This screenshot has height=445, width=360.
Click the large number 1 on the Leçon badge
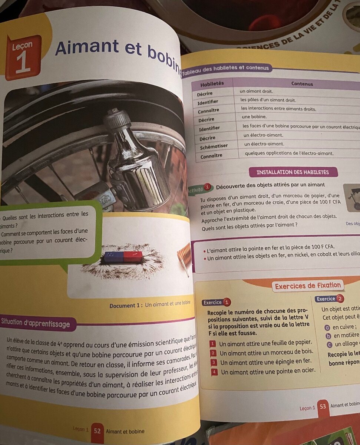(23, 63)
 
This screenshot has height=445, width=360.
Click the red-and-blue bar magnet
(123, 257)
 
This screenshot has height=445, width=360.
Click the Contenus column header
(302, 84)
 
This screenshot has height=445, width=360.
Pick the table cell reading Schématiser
(214, 147)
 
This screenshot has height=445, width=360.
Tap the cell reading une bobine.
(254, 117)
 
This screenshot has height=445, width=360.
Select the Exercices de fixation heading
(308, 286)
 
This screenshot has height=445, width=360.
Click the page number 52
(97, 431)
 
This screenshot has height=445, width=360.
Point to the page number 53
(323, 406)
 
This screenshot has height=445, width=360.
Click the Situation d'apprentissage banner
(36, 324)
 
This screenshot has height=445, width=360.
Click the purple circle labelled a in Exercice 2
(327, 327)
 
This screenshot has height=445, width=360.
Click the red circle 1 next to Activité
(208, 187)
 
